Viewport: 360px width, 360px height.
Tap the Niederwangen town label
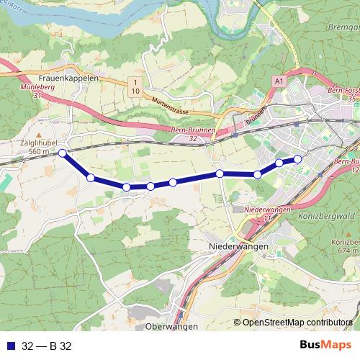coord(238,246)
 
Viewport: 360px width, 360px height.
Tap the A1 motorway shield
coord(279,83)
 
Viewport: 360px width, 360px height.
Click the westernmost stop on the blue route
coord(63,153)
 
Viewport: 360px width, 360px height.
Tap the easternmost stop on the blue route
coord(297,159)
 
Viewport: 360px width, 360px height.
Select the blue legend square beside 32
coord(9,346)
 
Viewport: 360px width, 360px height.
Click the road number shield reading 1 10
coord(134,87)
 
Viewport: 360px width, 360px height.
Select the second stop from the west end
coord(91,177)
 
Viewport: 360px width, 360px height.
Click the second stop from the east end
coord(279,163)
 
